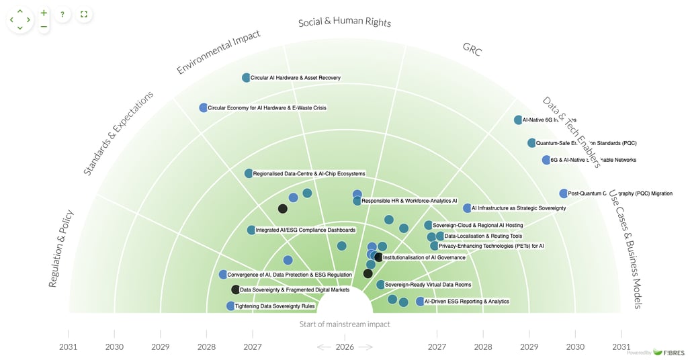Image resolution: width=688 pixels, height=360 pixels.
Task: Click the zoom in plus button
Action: (44, 13)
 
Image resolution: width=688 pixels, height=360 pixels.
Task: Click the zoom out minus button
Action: (44, 27)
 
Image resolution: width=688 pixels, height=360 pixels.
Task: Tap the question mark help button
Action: (62, 14)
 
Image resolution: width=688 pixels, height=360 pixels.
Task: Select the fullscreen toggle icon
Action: (84, 14)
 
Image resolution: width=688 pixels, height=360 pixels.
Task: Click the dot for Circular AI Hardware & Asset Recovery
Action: (246, 78)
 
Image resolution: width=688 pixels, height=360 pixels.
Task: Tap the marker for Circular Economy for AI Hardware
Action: (204, 107)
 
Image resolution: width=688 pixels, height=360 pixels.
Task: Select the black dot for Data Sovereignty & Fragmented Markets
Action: (235, 290)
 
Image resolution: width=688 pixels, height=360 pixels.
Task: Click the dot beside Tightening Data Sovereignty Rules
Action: (230, 306)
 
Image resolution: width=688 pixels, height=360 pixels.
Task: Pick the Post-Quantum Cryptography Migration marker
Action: (563, 193)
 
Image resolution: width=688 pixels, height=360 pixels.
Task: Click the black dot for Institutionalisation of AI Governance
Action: (378, 257)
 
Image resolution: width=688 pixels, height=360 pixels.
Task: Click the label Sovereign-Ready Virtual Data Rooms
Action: (428, 285)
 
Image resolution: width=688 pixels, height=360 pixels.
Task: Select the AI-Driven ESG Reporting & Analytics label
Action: (466, 302)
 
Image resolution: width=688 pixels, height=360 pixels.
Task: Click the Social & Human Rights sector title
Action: (344, 22)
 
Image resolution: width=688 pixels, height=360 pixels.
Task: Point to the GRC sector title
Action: (472, 49)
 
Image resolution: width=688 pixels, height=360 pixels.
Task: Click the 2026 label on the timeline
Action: (345, 347)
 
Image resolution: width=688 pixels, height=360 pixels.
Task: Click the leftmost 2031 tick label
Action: (68, 347)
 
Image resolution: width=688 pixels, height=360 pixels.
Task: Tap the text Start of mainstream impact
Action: (344, 324)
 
